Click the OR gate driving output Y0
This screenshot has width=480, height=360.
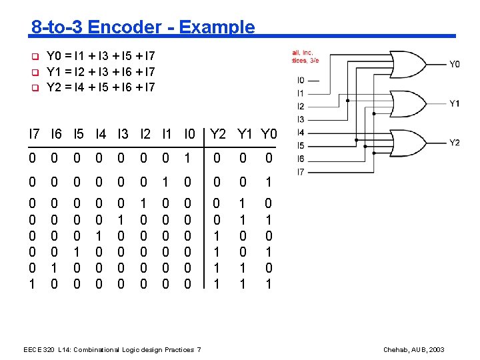click(412, 65)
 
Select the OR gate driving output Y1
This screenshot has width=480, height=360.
click(411, 103)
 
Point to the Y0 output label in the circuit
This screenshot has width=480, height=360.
click(454, 65)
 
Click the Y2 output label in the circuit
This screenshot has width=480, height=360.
click(454, 143)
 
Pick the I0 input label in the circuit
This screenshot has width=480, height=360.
click(301, 81)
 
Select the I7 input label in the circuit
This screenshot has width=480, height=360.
click(301, 171)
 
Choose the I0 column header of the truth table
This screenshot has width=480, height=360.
click(190, 134)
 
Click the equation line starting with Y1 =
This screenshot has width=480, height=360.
click(101, 71)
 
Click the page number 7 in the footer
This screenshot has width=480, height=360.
click(199, 350)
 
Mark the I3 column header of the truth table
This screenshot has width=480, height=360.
click(123, 134)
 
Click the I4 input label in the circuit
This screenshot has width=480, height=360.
click(301, 133)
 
